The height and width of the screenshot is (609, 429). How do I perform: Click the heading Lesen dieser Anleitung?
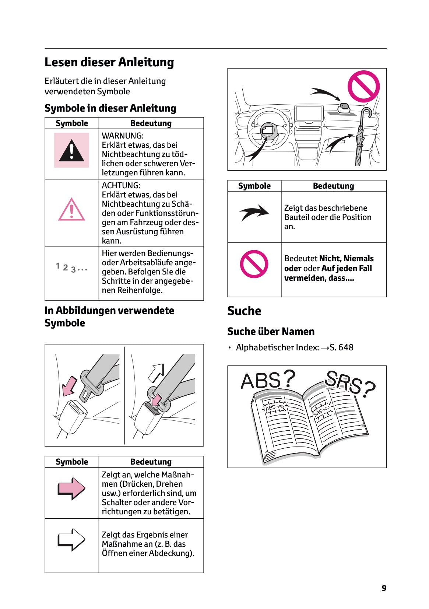109,62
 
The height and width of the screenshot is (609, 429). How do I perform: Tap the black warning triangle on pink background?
71,151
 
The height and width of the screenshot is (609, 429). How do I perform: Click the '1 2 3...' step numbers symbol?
71,268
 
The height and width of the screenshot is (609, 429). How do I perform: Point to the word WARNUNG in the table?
122,136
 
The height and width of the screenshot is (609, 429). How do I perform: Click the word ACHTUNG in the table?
121,185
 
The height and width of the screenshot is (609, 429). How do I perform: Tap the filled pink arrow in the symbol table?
71,489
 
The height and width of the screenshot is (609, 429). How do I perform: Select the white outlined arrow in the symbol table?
71,540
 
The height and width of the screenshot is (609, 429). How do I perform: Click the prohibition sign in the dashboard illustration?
363,86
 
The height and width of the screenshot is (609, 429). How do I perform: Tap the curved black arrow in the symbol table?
254,213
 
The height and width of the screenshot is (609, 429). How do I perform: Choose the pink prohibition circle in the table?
254,264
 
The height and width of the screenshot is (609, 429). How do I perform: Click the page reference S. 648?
341,347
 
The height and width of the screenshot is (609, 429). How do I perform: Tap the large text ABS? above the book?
268,380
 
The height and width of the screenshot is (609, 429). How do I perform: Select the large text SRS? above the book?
350,383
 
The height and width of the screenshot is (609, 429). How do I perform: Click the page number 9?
384,588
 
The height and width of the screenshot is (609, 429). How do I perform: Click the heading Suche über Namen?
271,332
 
